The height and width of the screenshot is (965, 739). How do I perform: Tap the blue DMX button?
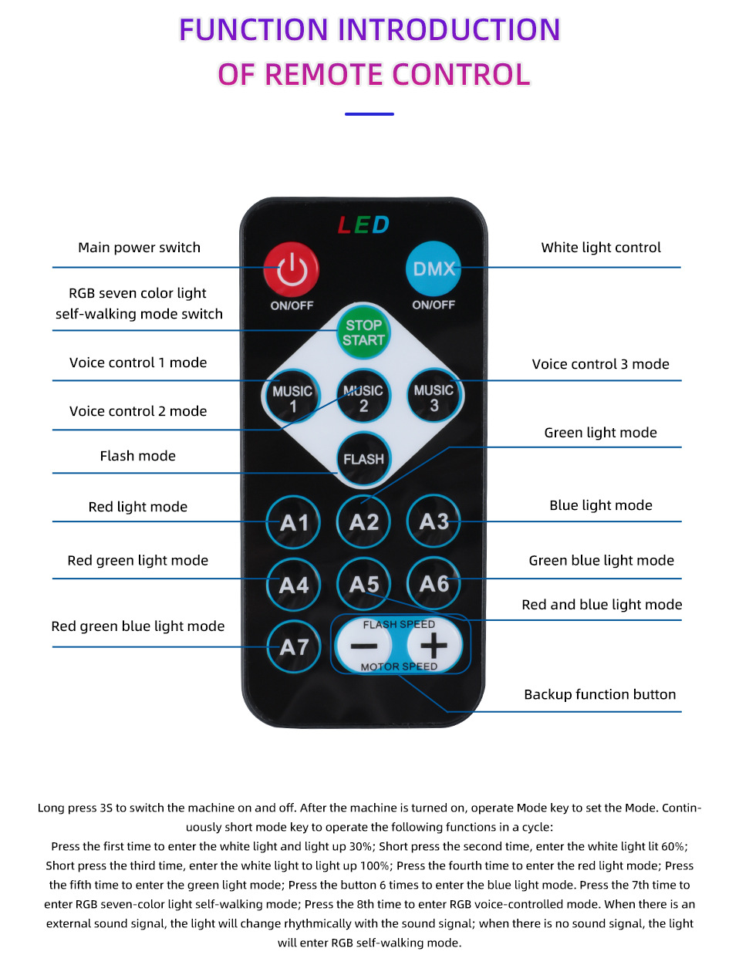pyautogui.click(x=433, y=268)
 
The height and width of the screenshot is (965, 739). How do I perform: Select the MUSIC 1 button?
pyautogui.click(x=292, y=398)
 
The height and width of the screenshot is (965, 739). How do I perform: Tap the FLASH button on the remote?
pyautogui.click(x=363, y=459)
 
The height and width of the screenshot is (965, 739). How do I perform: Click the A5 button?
pyautogui.click(x=364, y=585)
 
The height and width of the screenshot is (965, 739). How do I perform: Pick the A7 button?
pyautogui.click(x=294, y=647)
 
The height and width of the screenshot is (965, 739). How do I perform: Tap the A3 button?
pyautogui.click(x=434, y=522)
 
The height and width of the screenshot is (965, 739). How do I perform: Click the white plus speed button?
pyautogui.click(x=434, y=646)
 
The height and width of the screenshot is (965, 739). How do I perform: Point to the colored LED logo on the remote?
pyautogui.click(x=363, y=224)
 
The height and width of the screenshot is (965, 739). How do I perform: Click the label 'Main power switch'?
pyautogui.click(x=139, y=248)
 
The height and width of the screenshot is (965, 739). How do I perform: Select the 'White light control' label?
pyautogui.click(x=601, y=248)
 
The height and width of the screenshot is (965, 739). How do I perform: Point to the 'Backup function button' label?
pyautogui.click(x=599, y=694)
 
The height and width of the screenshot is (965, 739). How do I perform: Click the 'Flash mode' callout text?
pyautogui.click(x=137, y=456)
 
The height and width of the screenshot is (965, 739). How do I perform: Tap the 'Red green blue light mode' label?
pyautogui.click(x=138, y=626)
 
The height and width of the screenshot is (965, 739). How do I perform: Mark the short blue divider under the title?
pyautogui.click(x=369, y=114)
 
